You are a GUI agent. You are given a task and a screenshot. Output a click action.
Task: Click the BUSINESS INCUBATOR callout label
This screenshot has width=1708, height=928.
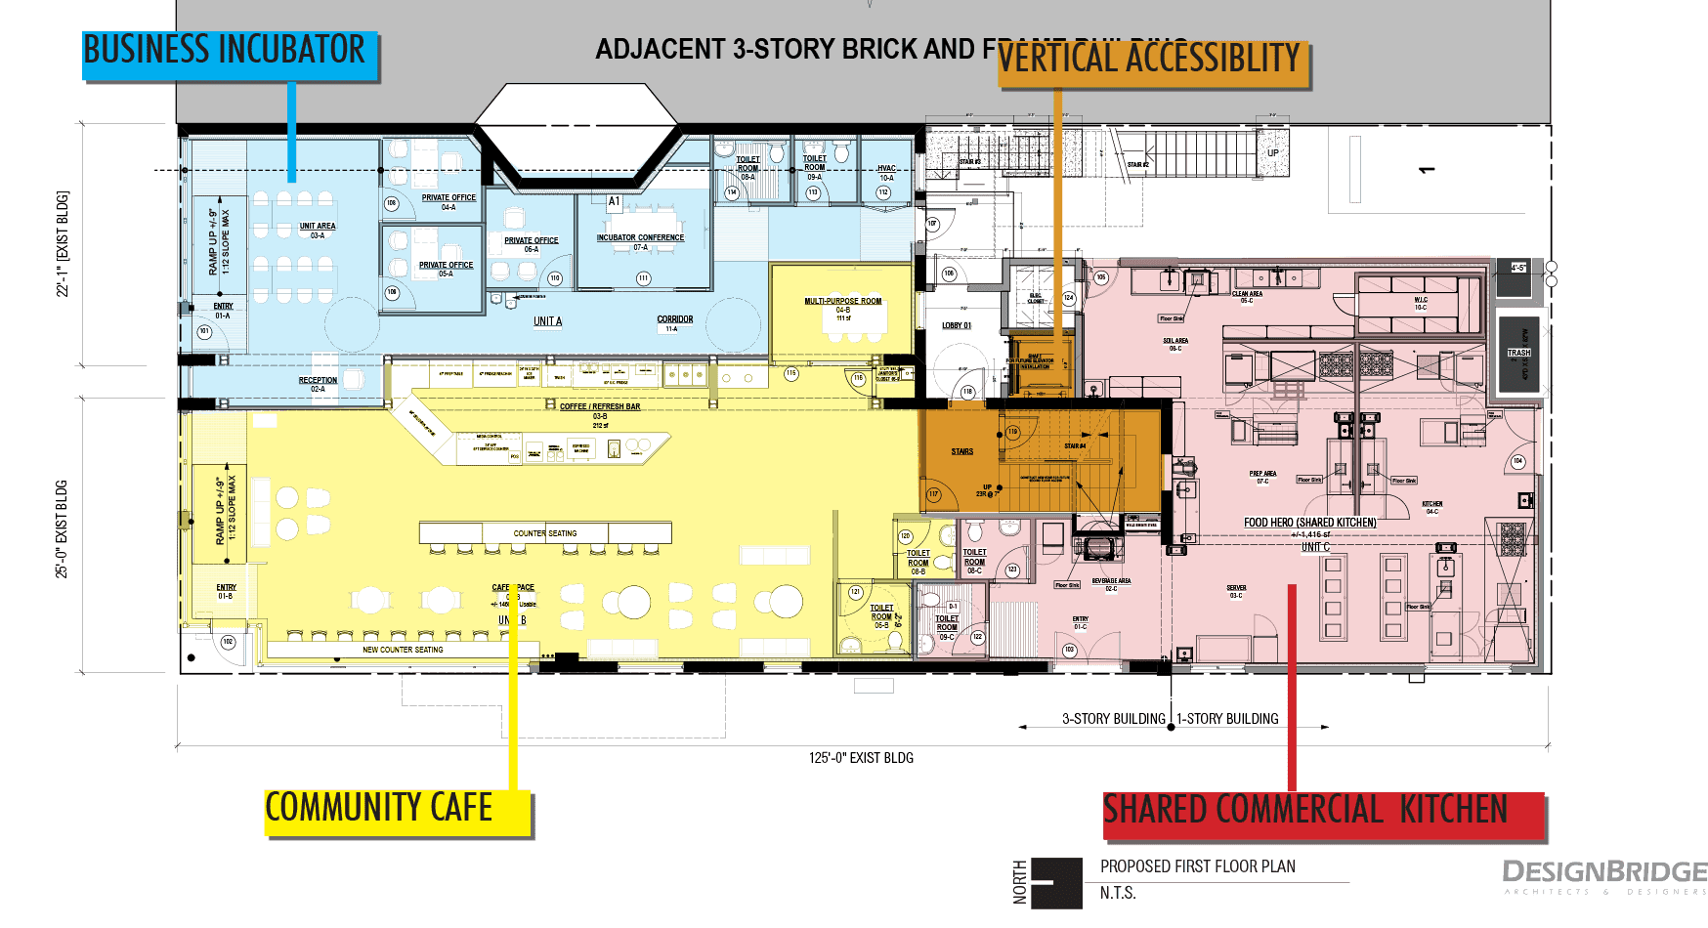tap(226, 51)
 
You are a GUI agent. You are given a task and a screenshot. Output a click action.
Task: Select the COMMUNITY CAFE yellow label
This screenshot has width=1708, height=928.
tap(380, 809)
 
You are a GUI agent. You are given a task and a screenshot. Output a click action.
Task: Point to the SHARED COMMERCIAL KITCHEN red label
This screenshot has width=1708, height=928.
tap(1306, 811)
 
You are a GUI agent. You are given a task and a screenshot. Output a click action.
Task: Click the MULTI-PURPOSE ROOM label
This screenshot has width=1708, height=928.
tap(842, 302)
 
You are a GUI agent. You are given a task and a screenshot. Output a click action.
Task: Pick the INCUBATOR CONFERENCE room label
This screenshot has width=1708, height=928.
tap(641, 237)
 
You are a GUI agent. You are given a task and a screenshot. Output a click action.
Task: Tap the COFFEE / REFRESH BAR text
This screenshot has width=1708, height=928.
tap(600, 407)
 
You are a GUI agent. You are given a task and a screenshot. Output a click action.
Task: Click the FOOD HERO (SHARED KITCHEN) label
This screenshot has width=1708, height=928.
tap(1309, 523)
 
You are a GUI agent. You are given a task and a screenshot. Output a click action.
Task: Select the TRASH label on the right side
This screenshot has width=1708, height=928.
tap(1518, 353)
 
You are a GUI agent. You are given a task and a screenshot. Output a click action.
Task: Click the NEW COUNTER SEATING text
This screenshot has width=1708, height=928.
tap(403, 650)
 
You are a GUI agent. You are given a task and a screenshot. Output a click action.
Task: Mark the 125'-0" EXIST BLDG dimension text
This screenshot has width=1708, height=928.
tap(861, 758)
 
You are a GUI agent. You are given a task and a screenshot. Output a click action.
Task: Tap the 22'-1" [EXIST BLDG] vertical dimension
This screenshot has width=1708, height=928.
tap(63, 244)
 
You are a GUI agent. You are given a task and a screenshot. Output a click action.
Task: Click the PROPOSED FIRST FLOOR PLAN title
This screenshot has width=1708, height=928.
tap(1197, 866)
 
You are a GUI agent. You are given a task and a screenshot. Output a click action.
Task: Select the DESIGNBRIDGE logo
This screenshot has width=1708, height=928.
tap(1603, 872)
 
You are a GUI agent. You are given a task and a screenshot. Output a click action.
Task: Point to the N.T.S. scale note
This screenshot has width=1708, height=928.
tap(1118, 893)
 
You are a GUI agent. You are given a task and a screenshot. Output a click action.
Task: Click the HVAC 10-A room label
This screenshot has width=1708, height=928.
tap(886, 173)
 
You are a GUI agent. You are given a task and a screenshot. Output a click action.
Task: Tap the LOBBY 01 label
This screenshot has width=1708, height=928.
tap(957, 326)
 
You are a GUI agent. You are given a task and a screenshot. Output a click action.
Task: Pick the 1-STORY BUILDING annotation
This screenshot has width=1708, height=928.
tap(1227, 719)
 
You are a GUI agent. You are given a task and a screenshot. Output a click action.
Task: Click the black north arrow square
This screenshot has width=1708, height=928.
tap(1056, 883)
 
